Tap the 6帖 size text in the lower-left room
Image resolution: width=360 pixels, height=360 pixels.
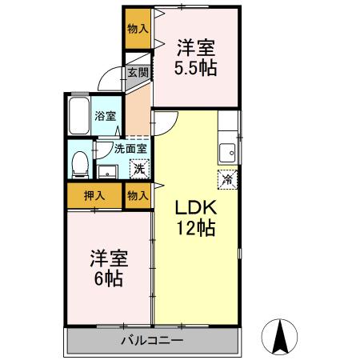[106, 280]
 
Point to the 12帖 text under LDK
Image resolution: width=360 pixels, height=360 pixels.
[195, 228]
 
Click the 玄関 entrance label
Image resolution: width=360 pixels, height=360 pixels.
[137, 72]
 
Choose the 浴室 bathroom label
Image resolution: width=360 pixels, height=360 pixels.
[106, 116]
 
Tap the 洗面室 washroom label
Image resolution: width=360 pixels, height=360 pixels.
[129, 148]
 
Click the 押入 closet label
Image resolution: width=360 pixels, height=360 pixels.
[94, 194]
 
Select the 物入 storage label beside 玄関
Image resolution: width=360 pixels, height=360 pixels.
[138, 28]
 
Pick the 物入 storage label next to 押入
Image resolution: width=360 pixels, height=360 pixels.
[138, 194]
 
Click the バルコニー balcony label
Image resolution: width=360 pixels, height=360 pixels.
[152, 341]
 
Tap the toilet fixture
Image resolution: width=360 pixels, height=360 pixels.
[79, 164]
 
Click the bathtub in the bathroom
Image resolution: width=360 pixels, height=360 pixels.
[79, 117]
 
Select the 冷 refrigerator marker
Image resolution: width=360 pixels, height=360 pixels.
[226, 179]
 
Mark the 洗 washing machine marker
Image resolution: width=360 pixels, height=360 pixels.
[138, 169]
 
